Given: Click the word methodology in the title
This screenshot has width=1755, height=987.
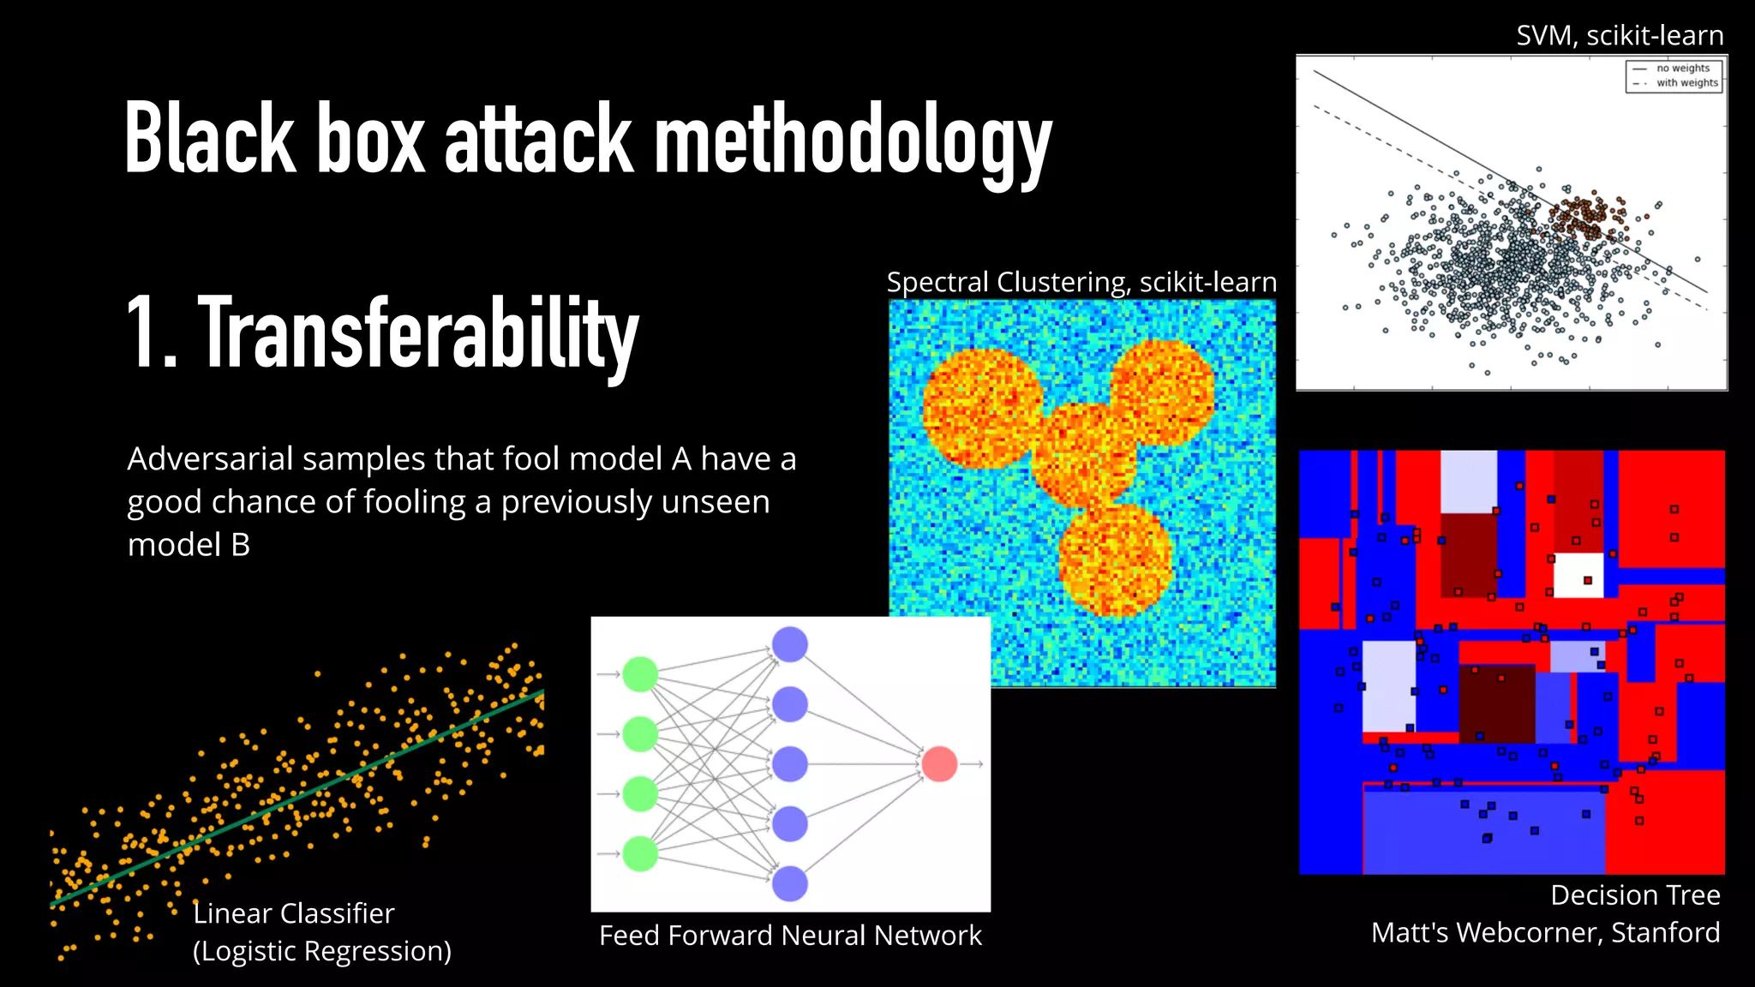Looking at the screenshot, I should pyautogui.click(x=853, y=140).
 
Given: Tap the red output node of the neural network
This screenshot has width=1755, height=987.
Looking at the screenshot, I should pyautogui.click(x=939, y=763).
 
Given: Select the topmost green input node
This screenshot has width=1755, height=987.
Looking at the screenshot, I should pyautogui.click(x=639, y=674).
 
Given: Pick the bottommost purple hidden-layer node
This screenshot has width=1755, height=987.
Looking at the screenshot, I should pyautogui.click(x=789, y=883).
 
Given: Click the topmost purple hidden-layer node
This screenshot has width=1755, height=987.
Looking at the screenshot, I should pyautogui.click(x=789, y=644).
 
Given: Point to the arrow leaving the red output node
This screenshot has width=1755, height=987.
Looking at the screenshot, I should pyautogui.click(x=971, y=763).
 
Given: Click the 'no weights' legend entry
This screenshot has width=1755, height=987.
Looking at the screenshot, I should pyautogui.click(x=1682, y=69).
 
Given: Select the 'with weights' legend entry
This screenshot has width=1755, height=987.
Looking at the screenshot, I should pyautogui.click(x=1686, y=83).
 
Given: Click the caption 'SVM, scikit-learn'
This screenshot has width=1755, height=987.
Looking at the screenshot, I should pyautogui.click(x=1619, y=36).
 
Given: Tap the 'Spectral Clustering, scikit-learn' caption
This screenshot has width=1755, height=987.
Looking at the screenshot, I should pyautogui.click(x=1081, y=282).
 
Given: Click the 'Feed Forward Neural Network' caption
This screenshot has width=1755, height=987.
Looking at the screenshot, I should pyautogui.click(x=790, y=936).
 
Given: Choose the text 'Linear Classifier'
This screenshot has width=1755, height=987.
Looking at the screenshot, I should pyautogui.click(x=293, y=913).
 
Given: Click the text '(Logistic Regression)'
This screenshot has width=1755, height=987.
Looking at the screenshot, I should pyautogui.click(x=321, y=951).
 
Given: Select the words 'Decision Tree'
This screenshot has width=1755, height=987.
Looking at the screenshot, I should pyautogui.click(x=1634, y=895).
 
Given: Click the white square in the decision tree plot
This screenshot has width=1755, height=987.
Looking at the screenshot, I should pyautogui.click(x=1578, y=575).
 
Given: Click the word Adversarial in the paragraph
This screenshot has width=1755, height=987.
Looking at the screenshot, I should pyautogui.click(x=210, y=459).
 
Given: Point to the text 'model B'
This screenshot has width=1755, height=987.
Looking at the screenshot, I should pyautogui.click(x=189, y=545).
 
